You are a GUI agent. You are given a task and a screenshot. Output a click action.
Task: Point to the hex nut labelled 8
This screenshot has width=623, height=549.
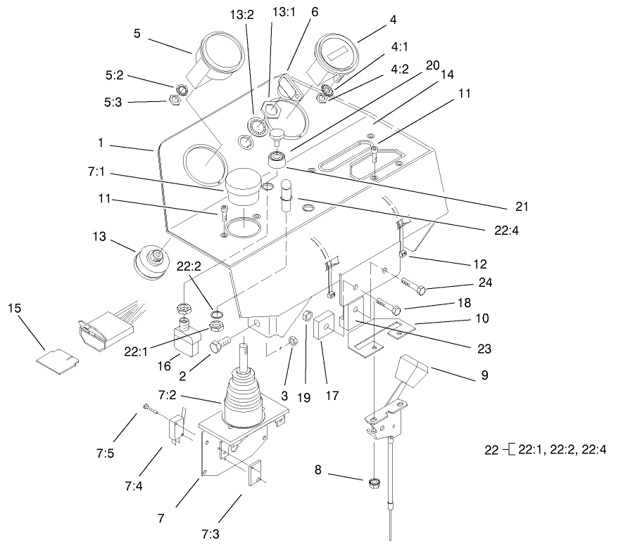tap(375, 483)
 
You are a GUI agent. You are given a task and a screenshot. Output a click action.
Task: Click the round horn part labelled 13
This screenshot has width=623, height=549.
tap(151, 262)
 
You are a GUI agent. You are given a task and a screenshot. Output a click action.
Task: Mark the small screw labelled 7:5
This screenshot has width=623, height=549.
tap(146, 407)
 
